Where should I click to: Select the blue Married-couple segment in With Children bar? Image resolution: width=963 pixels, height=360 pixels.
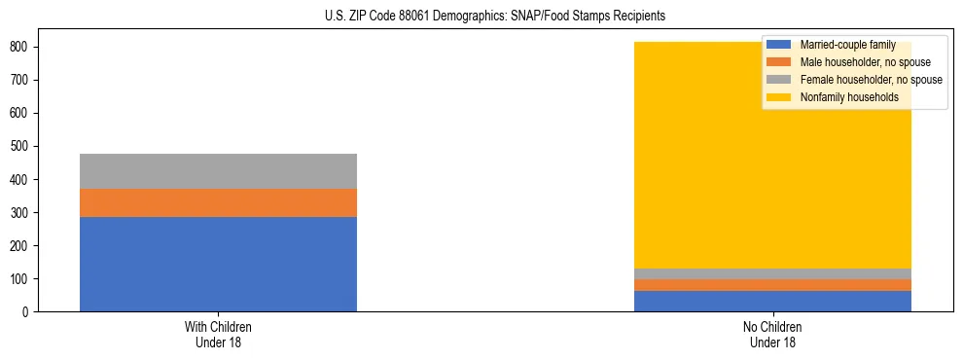click(x=218, y=264)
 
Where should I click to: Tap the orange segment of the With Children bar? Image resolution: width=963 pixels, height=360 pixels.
click(x=218, y=202)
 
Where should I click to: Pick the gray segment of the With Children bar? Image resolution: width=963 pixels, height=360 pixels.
click(x=218, y=171)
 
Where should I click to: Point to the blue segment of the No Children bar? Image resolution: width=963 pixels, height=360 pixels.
click(x=772, y=301)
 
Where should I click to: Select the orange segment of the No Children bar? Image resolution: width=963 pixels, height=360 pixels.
click(x=772, y=285)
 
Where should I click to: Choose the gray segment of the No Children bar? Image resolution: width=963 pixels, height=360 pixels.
click(x=772, y=273)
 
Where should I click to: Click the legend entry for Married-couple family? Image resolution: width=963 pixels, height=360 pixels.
click(x=846, y=45)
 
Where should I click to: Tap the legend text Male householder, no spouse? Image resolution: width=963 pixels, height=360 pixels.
click(x=864, y=62)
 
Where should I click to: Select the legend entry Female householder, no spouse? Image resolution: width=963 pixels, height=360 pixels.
click(x=870, y=80)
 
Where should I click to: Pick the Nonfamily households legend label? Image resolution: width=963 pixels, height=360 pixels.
click(x=848, y=97)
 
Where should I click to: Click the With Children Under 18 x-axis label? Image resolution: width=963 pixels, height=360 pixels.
click(x=218, y=334)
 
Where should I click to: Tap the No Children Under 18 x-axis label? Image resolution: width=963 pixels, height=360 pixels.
click(x=772, y=334)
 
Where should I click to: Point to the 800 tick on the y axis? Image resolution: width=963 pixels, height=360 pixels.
click(x=21, y=47)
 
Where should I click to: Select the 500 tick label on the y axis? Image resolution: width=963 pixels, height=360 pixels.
click(x=21, y=146)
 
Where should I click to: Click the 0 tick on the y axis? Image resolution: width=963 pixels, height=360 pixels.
click(x=27, y=311)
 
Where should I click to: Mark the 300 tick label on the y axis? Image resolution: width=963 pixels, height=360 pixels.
click(x=21, y=212)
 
